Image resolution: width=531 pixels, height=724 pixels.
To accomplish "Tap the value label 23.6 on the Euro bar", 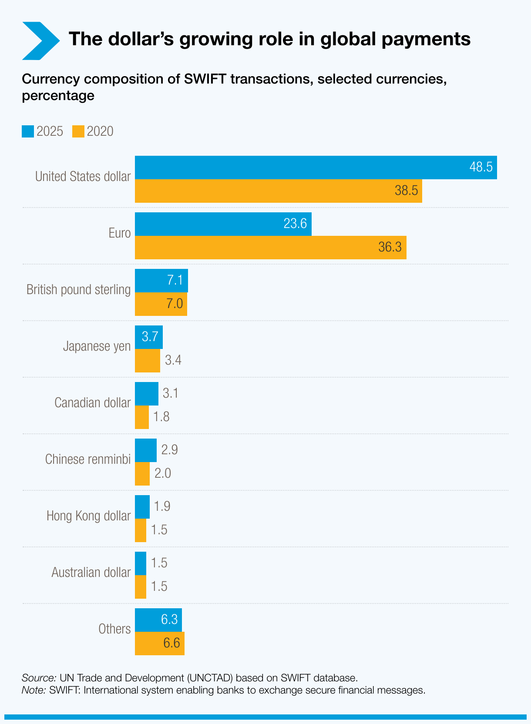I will (x=295, y=224).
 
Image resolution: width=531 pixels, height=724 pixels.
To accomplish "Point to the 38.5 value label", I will (x=406, y=191).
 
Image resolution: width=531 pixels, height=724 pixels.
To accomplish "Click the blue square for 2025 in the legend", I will (x=28, y=131).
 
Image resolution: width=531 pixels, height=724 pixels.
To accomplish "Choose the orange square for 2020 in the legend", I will (x=78, y=131).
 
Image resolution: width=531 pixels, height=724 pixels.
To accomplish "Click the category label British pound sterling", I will (x=78, y=290).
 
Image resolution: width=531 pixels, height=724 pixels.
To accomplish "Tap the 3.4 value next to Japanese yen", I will (x=173, y=360).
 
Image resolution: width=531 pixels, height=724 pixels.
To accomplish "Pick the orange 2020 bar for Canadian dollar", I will (x=142, y=417).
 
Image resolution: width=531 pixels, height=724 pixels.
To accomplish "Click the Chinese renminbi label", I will (x=87, y=459).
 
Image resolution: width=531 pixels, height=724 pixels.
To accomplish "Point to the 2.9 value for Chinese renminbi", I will (x=169, y=450).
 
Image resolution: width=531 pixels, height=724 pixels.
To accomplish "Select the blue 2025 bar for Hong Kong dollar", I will (x=142, y=507).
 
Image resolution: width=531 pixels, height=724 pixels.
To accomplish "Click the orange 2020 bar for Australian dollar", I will (x=141, y=587).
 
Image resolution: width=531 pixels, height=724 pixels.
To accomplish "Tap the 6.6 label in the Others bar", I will (x=171, y=643).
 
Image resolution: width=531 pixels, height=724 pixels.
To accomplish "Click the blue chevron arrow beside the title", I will (x=40, y=41).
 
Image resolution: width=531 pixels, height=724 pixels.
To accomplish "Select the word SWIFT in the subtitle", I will (x=205, y=79).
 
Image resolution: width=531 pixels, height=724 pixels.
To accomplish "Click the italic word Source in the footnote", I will (x=39, y=678).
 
